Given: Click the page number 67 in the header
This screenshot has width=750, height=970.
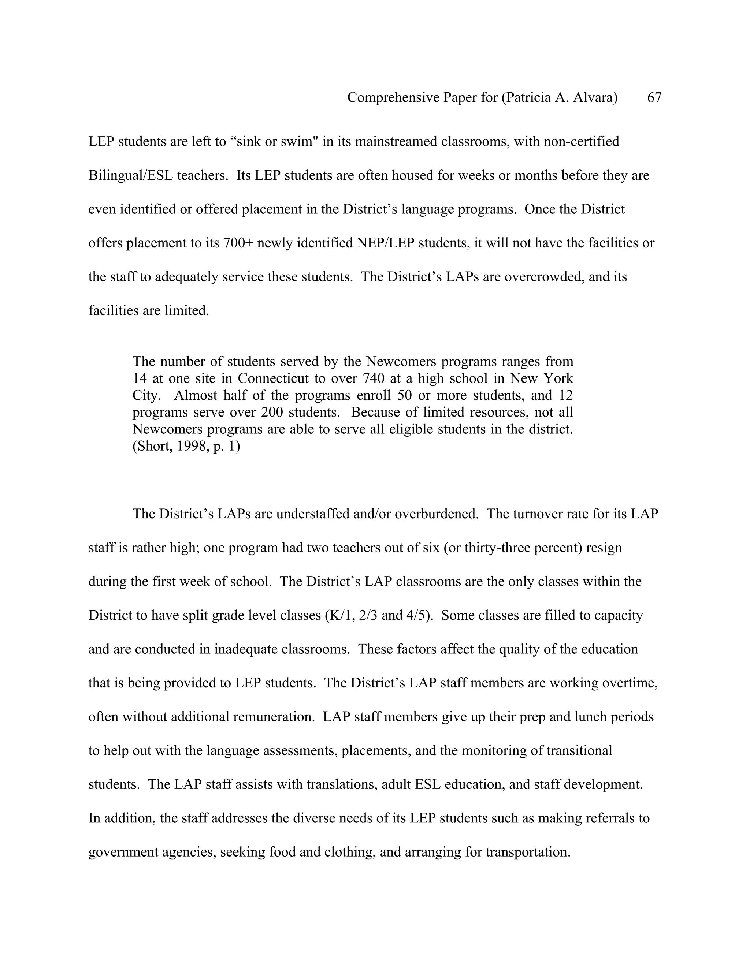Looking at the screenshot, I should [654, 97].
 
